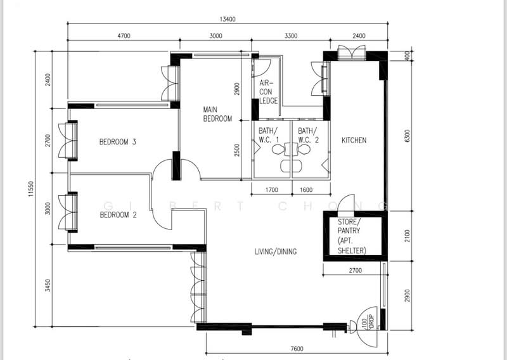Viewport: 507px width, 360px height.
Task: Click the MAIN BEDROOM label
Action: pyautogui.click(x=217, y=114)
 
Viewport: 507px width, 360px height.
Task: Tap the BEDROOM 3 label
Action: pyautogui.click(x=118, y=142)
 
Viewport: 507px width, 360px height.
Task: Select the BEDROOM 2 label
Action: pyautogui.click(x=118, y=215)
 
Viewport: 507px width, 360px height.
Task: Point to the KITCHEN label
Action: pyautogui.click(x=354, y=140)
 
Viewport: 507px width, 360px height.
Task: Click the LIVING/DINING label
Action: pyautogui.click(x=276, y=252)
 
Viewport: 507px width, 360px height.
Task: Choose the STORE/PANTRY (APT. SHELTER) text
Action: pyautogui.click(x=352, y=236)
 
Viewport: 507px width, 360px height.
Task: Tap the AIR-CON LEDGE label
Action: pyautogui.click(x=268, y=92)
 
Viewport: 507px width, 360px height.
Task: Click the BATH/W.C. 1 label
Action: pyautogui.click(x=268, y=135)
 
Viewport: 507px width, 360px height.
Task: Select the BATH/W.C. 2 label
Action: pyautogui.click(x=308, y=135)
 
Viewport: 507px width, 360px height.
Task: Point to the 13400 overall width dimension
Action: pyautogui.click(x=228, y=19)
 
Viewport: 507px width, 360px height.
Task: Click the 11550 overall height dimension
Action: pyautogui.click(x=31, y=189)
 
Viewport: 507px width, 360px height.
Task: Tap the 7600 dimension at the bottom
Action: pyautogui.click(x=297, y=349)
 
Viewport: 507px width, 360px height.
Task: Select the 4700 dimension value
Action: pyautogui.click(x=124, y=35)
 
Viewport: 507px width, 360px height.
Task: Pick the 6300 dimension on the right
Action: pyautogui.click(x=407, y=136)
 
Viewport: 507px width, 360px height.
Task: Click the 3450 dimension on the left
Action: pyautogui.click(x=48, y=286)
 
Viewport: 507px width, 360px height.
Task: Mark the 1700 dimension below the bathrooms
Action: pyautogui.click(x=272, y=190)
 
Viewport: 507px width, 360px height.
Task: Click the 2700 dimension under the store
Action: pyautogui.click(x=356, y=271)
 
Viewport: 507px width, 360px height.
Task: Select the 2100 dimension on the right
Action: pyautogui.click(x=407, y=236)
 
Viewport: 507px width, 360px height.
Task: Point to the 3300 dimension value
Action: pyautogui.click(x=291, y=35)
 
